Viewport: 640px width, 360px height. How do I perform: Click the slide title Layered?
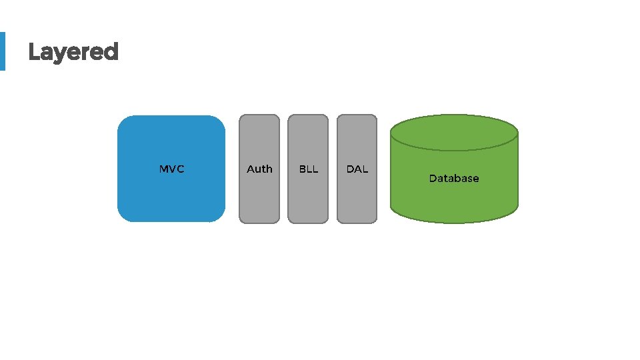(73, 52)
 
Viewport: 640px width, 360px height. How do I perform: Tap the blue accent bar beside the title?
(2, 51)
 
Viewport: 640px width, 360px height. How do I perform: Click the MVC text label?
(171, 169)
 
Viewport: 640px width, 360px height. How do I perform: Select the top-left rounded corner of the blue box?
(124, 122)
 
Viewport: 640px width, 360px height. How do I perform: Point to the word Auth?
(259, 169)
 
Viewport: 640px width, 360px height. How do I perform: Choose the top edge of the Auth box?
(259, 116)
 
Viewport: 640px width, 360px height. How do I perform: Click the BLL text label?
(308, 169)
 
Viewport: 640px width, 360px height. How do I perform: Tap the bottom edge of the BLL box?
(308, 222)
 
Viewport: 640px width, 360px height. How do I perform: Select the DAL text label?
(357, 169)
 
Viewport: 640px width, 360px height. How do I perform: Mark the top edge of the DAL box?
(357, 116)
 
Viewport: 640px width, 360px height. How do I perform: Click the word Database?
(453, 179)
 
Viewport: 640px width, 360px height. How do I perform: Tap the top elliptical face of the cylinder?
(453, 131)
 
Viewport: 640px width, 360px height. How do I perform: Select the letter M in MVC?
(164, 169)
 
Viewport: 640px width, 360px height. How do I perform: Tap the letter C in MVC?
(180, 169)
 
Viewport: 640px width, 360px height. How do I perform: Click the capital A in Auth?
(251, 169)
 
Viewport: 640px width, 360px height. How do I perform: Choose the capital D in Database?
(433, 179)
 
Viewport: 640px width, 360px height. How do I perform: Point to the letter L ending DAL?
(365, 169)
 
